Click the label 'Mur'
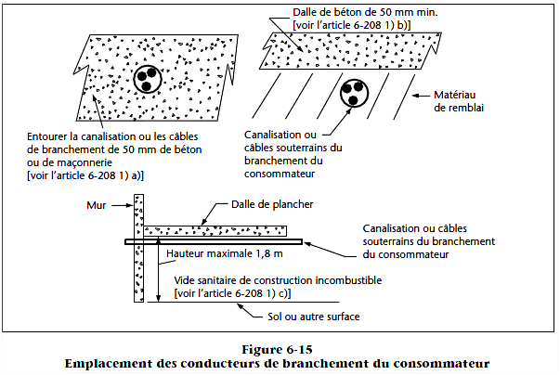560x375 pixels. tap(97, 205)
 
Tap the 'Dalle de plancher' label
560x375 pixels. tap(272, 204)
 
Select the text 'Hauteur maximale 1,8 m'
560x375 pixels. tap(225, 253)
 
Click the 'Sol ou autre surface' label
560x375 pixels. tap(314, 317)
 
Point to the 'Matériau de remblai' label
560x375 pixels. tap(459, 101)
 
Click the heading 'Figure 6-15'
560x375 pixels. tap(277, 349)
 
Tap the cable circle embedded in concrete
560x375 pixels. tap(147, 79)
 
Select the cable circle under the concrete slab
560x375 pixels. tap(354, 94)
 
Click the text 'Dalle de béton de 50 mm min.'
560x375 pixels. tap(365, 12)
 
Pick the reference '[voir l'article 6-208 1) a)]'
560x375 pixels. tap(85, 176)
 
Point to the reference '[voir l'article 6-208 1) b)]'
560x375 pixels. tap(352, 25)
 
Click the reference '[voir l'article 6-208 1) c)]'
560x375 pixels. tap(232, 293)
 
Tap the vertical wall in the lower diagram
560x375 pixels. tap(139, 249)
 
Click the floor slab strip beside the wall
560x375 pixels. tap(215, 231)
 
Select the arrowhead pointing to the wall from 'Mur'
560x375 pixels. tap(130, 205)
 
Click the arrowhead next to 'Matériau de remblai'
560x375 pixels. tap(416, 96)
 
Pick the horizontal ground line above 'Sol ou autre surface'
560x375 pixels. tap(243, 303)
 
